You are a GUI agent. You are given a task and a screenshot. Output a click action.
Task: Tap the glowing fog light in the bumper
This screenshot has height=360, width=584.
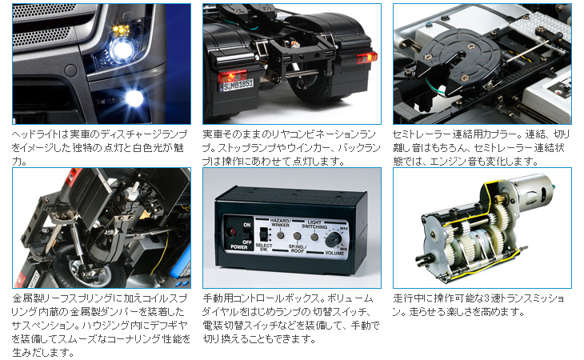[x=134, y=98]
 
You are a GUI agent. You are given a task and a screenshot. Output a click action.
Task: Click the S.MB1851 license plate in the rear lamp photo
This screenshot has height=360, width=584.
[x=238, y=86]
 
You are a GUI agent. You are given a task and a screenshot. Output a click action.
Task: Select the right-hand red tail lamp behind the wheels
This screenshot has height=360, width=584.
[x=367, y=58]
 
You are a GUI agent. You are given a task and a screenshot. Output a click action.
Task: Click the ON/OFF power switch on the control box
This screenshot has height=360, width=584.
[x=246, y=234]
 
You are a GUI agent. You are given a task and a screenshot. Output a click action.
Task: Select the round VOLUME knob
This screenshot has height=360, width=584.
[x=334, y=240]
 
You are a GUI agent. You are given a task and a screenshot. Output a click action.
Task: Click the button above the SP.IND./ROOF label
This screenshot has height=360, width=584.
[x=297, y=236]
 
